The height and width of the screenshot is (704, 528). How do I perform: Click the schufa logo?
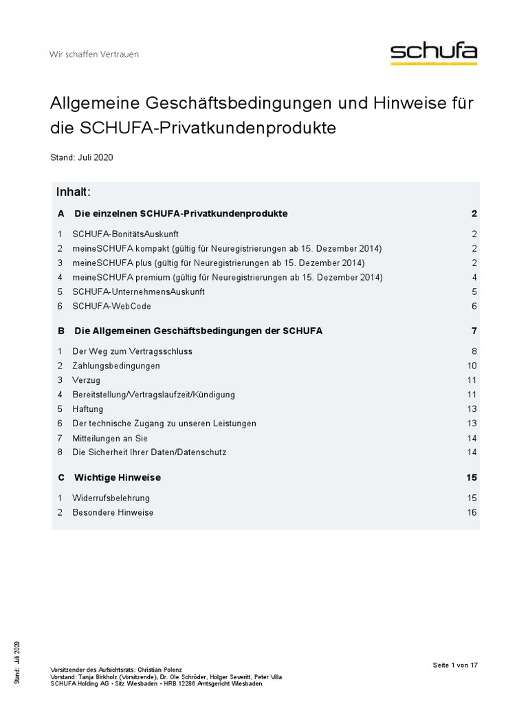click(x=433, y=54)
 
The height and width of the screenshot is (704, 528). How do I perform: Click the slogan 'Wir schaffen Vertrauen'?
click(x=93, y=54)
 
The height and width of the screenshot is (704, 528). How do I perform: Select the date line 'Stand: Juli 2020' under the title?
click(x=81, y=157)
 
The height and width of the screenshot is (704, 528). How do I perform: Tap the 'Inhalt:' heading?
click(x=74, y=190)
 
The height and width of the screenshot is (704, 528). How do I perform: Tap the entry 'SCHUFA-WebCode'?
click(x=111, y=306)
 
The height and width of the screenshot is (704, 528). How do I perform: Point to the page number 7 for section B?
click(x=474, y=331)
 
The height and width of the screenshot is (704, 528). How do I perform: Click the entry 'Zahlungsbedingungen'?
click(x=116, y=366)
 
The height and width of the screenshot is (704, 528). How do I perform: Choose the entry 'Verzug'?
click(x=86, y=380)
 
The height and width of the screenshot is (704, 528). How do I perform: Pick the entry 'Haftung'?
click(x=88, y=409)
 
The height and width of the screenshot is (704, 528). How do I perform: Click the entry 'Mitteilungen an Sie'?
click(x=110, y=438)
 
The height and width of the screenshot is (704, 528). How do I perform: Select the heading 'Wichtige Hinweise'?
click(x=118, y=477)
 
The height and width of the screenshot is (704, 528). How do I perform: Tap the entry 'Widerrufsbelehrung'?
click(x=111, y=498)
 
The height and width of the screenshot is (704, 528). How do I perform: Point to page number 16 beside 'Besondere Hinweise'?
click(x=472, y=512)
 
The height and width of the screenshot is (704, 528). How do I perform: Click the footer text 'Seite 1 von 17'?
click(x=455, y=665)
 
